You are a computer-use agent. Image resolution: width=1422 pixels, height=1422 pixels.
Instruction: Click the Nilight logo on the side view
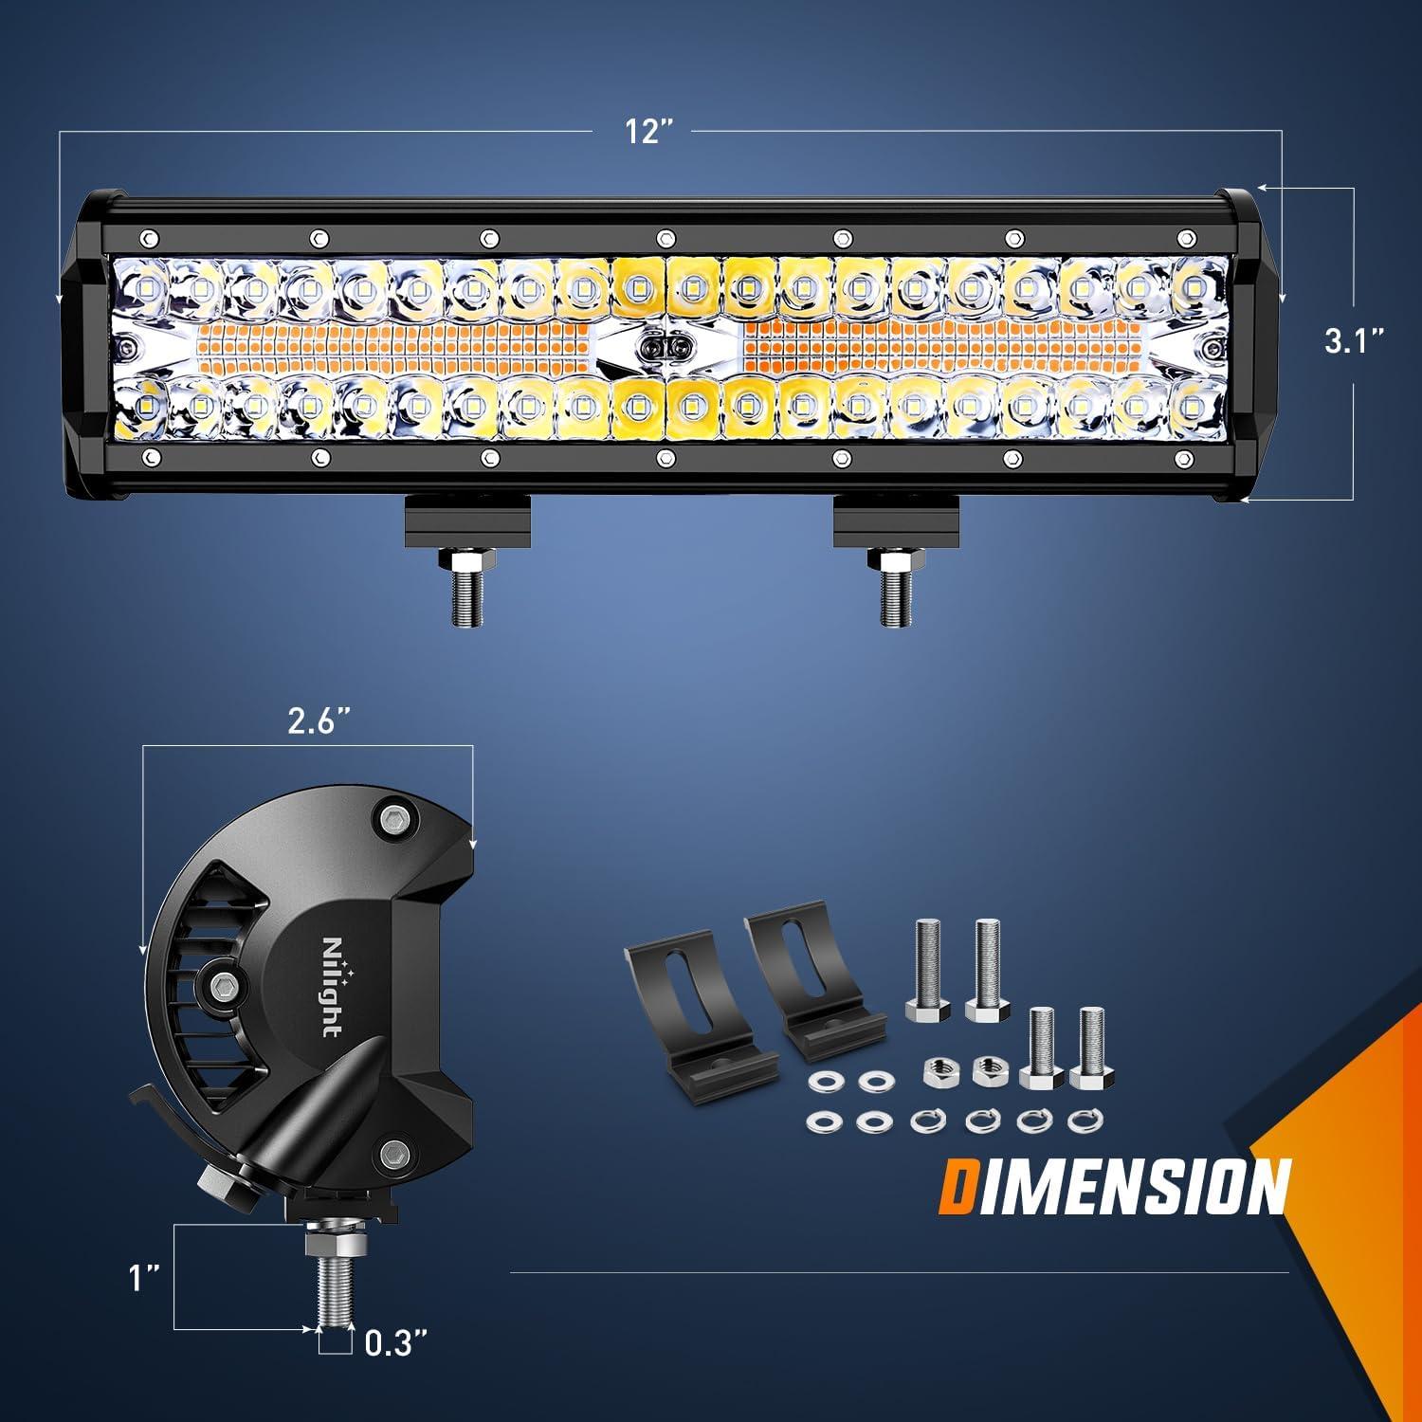pyautogui.click(x=333, y=987)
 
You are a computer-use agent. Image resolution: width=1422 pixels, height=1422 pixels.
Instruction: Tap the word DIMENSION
pyautogui.click(x=1115, y=1185)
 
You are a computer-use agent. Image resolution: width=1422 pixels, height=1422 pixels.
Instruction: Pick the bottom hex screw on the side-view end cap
pyautogui.click(x=392, y=1154)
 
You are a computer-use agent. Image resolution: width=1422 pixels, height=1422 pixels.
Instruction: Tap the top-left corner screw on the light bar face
pyautogui.click(x=147, y=238)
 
